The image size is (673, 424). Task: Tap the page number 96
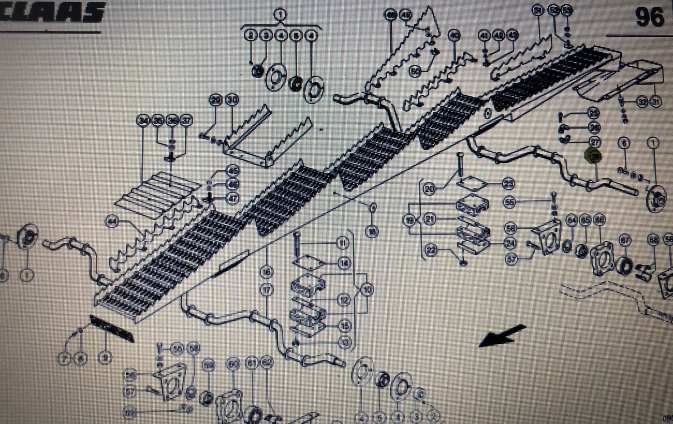point(649,17)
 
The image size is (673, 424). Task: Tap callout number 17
point(267,291)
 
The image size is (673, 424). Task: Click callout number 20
point(429,189)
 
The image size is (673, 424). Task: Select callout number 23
point(508,183)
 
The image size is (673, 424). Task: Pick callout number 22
point(430,251)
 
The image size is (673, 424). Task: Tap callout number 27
point(594,142)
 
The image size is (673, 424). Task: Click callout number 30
point(231,100)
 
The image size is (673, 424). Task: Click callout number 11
point(342,242)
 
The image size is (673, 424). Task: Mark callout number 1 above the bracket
point(280,14)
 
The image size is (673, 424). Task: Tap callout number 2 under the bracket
point(251,35)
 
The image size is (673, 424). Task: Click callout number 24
point(509,242)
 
